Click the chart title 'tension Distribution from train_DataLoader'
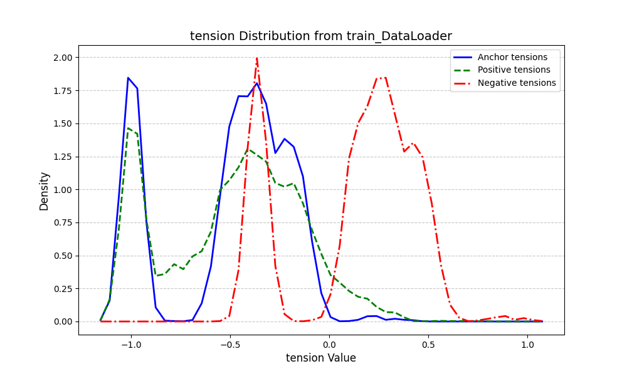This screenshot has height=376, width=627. point(321,36)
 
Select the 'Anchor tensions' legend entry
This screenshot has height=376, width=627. point(512,57)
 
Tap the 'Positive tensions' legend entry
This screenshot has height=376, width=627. point(514,70)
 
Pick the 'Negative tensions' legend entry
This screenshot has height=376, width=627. point(517,83)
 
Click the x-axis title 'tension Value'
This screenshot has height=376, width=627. point(321,358)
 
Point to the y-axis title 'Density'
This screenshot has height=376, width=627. point(44,191)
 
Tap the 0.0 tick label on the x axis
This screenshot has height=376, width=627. point(329,344)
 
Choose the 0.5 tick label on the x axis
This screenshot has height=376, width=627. point(428,344)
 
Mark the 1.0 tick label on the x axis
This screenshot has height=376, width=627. point(528,344)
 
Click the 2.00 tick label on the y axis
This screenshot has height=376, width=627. point(63,58)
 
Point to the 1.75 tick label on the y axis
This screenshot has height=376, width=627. point(63,91)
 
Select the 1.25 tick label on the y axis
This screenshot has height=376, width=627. point(63,157)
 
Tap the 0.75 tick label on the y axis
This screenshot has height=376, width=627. point(63,222)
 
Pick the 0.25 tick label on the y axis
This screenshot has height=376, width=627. point(63,289)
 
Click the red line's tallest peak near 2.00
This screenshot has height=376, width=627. point(256,58)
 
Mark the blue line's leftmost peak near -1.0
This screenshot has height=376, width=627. point(128,78)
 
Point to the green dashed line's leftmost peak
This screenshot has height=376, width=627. point(128,128)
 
